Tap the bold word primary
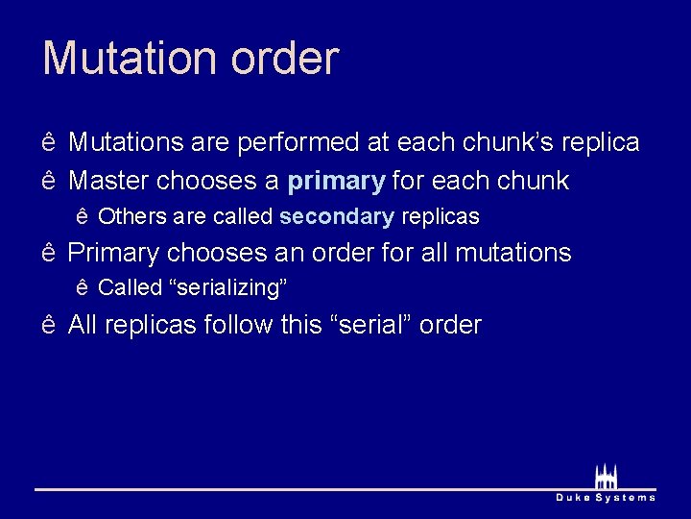(x=336, y=181)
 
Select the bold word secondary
(x=336, y=217)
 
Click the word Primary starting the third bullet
(x=113, y=254)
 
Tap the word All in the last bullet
(x=83, y=325)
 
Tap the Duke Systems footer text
(x=606, y=498)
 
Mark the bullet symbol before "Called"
(x=83, y=287)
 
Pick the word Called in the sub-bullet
(x=131, y=287)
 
